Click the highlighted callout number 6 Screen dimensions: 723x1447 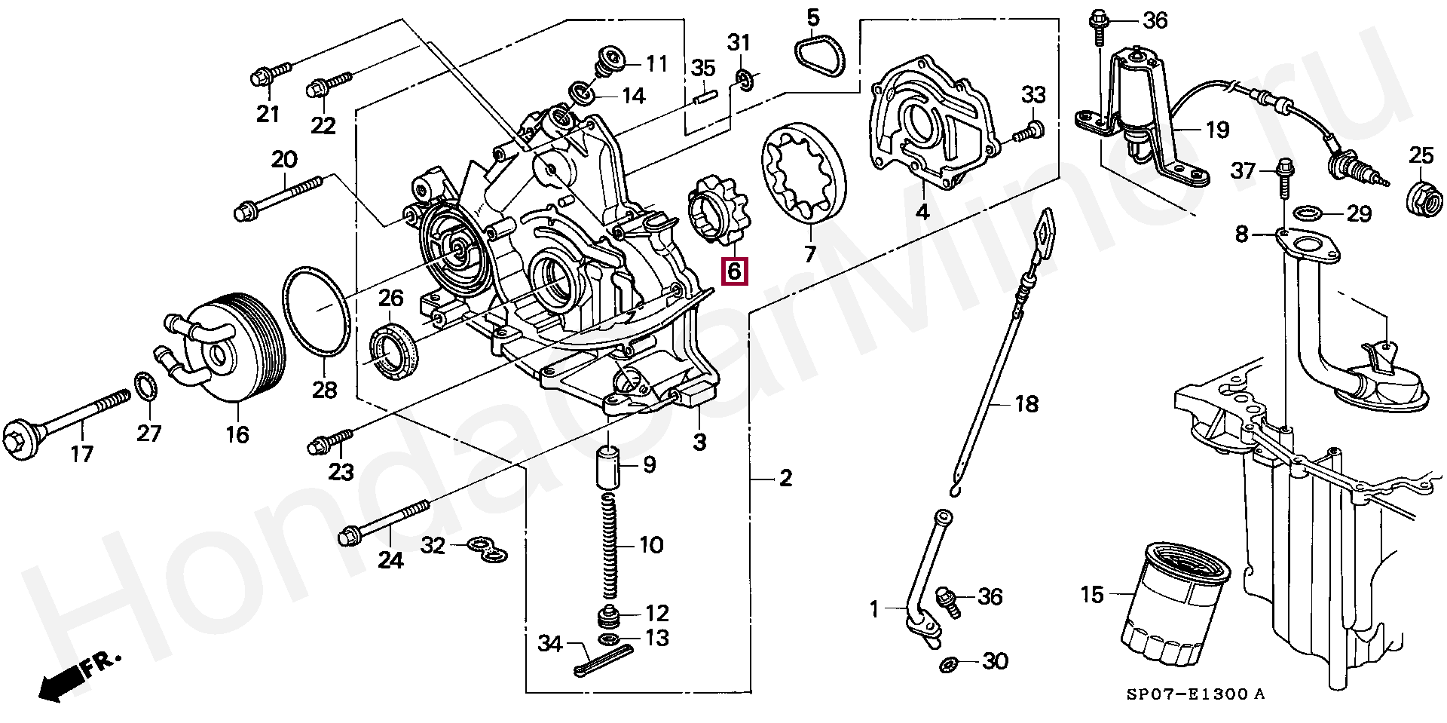click(734, 271)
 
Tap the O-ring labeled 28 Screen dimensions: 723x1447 click(316, 310)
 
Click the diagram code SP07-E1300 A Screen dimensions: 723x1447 click(1195, 694)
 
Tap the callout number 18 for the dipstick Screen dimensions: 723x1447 click(1026, 404)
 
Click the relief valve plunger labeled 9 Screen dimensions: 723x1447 click(609, 467)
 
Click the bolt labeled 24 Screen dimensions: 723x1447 click(384, 519)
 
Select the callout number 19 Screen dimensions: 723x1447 click(1217, 130)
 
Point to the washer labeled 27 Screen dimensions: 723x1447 click(145, 386)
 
